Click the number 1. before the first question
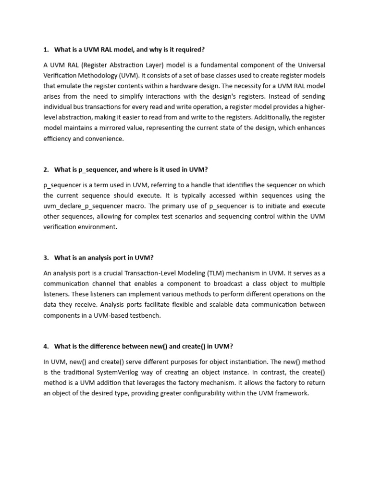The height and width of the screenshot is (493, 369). (x=46, y=49)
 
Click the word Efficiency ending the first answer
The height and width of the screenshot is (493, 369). (x=57, y=139)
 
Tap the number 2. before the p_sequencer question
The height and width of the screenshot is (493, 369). (x=46, y=169)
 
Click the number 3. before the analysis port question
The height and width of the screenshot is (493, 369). (x=46, y=258)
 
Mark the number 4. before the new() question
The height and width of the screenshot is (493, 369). (x=46, y=346)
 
